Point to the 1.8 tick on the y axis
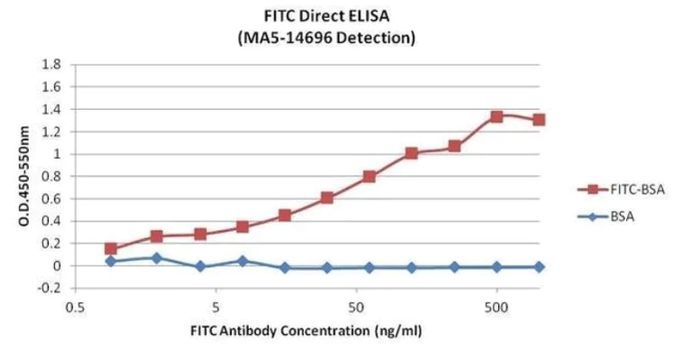51,65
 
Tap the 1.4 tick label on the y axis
51,109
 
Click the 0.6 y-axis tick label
51,198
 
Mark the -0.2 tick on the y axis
50,288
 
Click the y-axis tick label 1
56,154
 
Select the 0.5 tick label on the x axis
76,306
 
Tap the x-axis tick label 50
356,306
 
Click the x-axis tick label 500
496,306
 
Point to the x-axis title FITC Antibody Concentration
306,330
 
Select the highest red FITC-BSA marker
496,116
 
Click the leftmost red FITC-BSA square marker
111,249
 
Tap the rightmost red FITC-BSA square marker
539,120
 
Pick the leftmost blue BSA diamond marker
111,261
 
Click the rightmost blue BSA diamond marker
539,267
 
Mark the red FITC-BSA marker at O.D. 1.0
411,153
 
